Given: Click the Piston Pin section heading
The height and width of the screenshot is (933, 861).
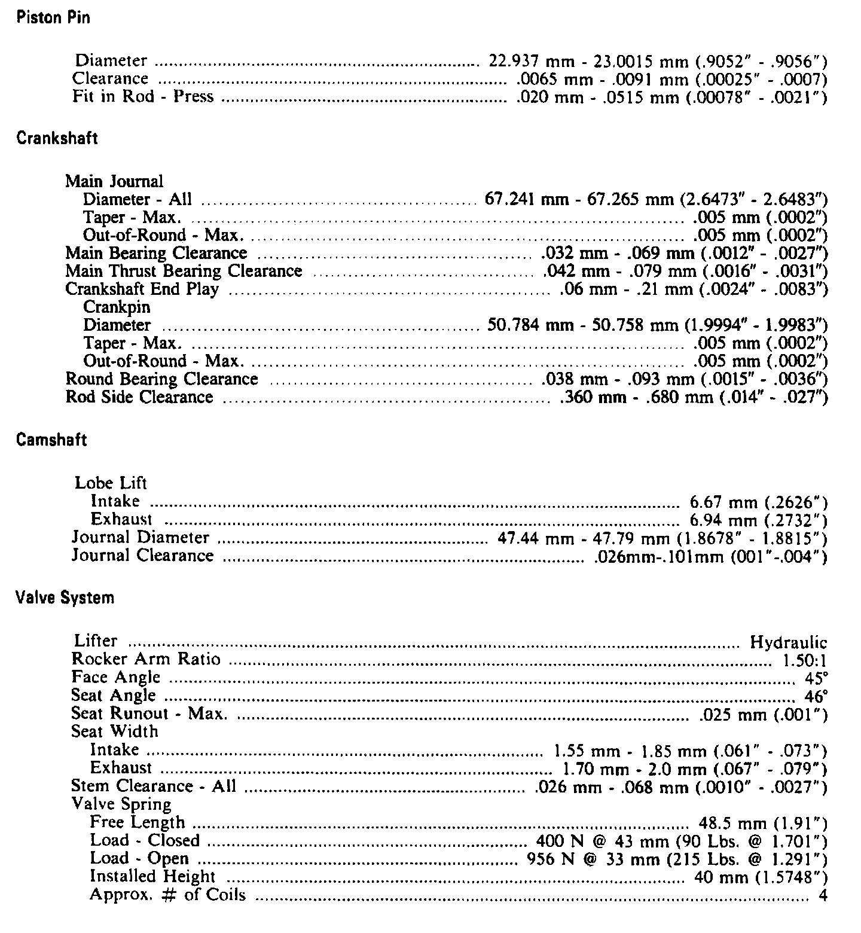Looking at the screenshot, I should [x=53, y=17].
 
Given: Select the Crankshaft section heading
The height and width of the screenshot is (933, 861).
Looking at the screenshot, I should [x=57, y=139].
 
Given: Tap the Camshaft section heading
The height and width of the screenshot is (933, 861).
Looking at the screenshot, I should [x=51, y=440].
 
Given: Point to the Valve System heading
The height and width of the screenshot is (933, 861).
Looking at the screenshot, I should [x=65, y=597].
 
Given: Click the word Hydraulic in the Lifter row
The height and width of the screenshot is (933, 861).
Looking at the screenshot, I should [x=788, y=643].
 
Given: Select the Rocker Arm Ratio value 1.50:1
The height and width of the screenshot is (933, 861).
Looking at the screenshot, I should [x=804, y=661].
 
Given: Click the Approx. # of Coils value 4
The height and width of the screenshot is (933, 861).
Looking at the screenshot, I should [x=823, y=895].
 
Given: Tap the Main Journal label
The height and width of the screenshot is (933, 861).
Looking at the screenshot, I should [x=114, y=181].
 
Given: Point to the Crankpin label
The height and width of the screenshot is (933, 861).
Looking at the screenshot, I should [x=117, y=307].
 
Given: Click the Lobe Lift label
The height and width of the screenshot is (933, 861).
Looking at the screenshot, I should [x=111, y=483].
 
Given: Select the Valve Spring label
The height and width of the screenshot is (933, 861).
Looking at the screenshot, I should [x=121, y=804].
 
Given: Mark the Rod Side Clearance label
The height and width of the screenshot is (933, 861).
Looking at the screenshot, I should [x=139, y=397].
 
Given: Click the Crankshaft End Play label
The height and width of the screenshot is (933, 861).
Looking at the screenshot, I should [x=142, y=289].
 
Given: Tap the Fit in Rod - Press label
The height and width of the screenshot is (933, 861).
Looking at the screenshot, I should [x=143, y=96].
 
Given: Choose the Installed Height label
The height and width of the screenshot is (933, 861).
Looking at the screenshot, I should [x=152, y=876].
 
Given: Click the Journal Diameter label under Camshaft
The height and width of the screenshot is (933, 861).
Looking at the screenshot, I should [x=141, y=538].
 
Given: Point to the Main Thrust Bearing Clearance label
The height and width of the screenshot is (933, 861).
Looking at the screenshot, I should [x=184, y=271].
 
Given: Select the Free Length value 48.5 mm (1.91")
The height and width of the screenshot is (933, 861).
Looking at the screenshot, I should [x=763, y=824].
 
